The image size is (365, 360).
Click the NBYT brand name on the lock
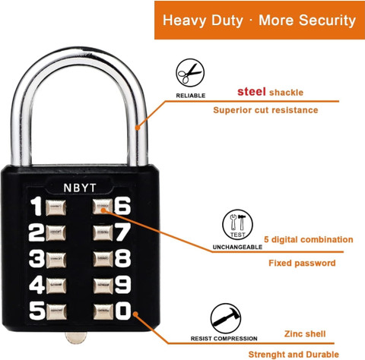[80, 188]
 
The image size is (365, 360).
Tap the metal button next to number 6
[103, 207]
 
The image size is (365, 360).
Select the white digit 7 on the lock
[123, 232]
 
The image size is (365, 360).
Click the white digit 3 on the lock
[36, 259]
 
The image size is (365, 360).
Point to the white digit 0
[123, 311]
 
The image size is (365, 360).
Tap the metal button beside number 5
[56, 312]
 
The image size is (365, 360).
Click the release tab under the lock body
[76, 338]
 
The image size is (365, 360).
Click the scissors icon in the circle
[190, 73]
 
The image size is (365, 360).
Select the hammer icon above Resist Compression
[226, 318]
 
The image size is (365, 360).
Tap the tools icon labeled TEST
[237, 225]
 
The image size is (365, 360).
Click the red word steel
[252, 92]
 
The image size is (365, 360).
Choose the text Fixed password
[302, 263]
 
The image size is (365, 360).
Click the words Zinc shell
[305, 333]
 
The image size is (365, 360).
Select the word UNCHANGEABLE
[237, 247]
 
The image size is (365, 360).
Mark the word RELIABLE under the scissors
[191, 96]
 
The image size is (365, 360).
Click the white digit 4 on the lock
[37, 285]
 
